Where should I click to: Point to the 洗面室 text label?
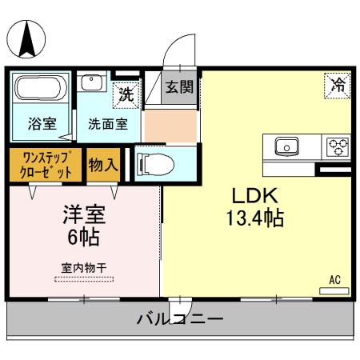pos(106,126)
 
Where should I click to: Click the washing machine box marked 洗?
pos(126,93)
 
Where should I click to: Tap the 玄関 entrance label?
pos(179,87)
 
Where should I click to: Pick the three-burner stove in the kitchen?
pos(336,146)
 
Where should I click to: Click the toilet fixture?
pos(155,164)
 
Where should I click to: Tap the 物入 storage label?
pos(103,165)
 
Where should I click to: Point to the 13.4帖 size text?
pos(256,219)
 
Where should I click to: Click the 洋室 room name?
pos(84,214)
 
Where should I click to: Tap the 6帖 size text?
pos(84,238)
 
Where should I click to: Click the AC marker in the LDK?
pos(335,280)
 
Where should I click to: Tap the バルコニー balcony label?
pos(179,318)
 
